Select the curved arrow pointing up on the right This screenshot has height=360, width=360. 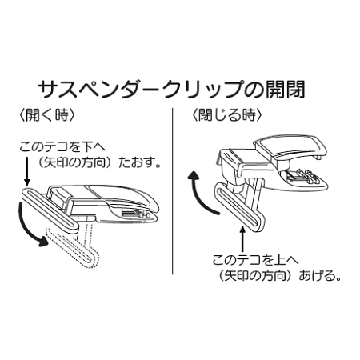coord(196,192)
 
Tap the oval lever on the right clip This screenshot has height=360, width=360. coord(240,210)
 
